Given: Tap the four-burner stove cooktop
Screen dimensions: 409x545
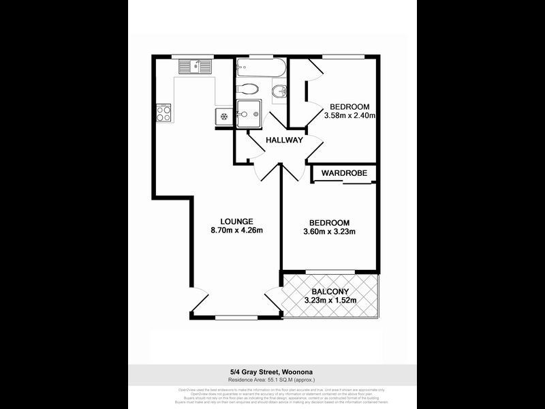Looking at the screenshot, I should (163, 112).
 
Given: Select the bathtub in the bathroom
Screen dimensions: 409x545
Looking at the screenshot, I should (259, 68).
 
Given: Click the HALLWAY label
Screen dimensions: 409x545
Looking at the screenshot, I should (285, 140).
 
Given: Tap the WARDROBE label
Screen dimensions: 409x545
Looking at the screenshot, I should (345, 173).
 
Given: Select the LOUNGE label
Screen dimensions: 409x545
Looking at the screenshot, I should (237, 221).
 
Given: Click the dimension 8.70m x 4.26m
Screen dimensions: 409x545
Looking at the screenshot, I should (237, 230).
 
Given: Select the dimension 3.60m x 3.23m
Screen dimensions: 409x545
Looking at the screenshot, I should (330, 232).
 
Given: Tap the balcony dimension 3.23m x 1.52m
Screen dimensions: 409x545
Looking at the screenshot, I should (330, 300).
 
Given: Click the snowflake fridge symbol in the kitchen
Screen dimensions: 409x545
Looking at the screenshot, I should (223, 117).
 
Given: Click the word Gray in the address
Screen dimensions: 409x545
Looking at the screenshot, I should (254, 372).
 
